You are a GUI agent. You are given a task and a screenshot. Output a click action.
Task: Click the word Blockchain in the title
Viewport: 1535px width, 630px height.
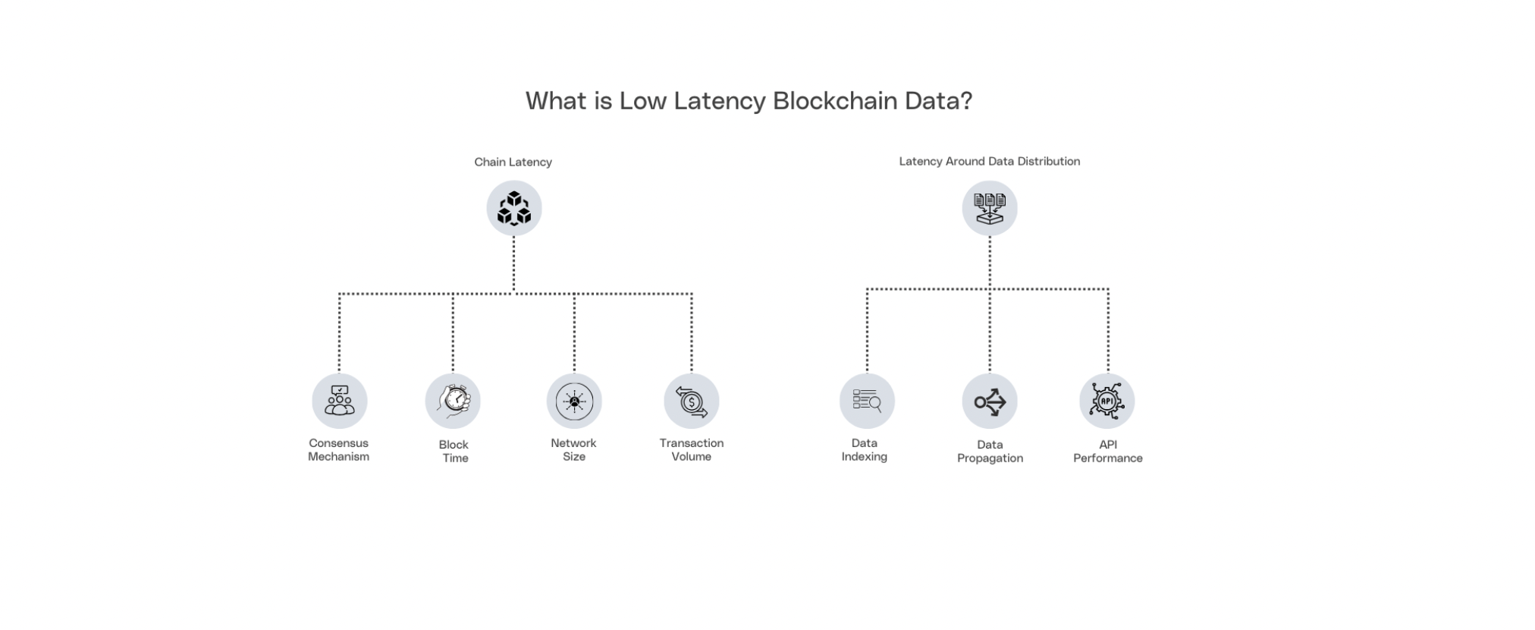point(834,101)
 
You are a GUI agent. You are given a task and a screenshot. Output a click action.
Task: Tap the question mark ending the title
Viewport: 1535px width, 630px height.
point(965,101)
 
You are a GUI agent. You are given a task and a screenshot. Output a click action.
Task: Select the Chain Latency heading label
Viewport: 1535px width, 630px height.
point(513,162)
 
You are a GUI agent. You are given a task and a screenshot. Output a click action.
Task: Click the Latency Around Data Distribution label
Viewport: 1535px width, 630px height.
point(989,161)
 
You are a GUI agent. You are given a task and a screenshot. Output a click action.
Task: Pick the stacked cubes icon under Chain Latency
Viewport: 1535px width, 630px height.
point(513,208)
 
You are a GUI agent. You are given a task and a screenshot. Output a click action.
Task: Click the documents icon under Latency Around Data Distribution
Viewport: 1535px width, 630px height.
point(989,208)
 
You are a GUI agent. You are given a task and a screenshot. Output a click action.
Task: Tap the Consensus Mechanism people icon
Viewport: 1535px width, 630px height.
point(339,401)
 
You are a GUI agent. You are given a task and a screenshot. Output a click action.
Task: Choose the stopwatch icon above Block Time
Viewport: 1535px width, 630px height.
point(454,401)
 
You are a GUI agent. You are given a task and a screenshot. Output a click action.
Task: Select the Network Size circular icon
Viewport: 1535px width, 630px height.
point(574,401)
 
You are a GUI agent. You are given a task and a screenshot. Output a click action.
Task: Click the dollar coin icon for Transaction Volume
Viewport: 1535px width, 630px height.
point(691,401)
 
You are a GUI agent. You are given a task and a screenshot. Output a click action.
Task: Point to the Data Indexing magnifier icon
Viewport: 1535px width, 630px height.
point(867,401)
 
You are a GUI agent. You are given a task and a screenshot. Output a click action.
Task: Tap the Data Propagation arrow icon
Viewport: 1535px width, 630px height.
point(989,401)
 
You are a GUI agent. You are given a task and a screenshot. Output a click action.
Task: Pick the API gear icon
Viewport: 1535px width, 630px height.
point(1107,401)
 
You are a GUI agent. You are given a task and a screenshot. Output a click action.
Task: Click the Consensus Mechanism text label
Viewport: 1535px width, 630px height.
point(338,450)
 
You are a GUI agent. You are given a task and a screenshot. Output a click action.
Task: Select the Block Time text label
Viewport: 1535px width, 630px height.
point(454,452)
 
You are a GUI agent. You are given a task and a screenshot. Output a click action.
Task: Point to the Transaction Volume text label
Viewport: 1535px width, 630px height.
point(691,450)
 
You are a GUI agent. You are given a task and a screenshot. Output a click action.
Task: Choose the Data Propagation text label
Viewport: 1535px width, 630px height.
point(990,452)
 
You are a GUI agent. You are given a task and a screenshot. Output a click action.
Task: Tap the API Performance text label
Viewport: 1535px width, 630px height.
point(1107,452)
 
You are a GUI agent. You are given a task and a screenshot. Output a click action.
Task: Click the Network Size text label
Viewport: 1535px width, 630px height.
point(573,450)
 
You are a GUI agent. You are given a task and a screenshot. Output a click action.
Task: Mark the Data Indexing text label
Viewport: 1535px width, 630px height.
point(864,450)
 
